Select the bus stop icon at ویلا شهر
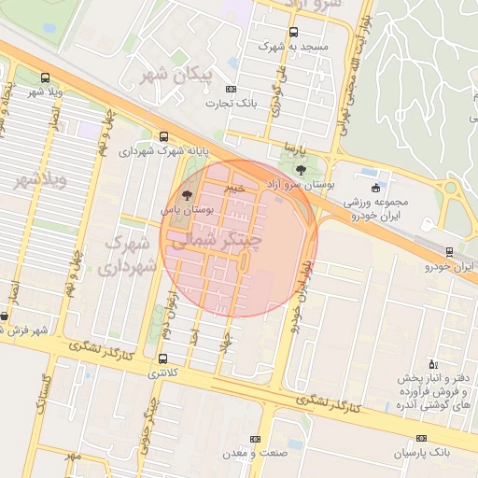click(45, 77)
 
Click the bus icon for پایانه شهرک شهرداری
click(164, 135)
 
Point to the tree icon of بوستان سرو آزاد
click(300, 169)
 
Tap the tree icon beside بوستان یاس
click(188, 196)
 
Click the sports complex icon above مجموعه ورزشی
click(375, 188)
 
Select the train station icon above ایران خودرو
click(450, 251)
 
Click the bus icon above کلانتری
click(164, 358)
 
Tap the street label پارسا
click(295, 149)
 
